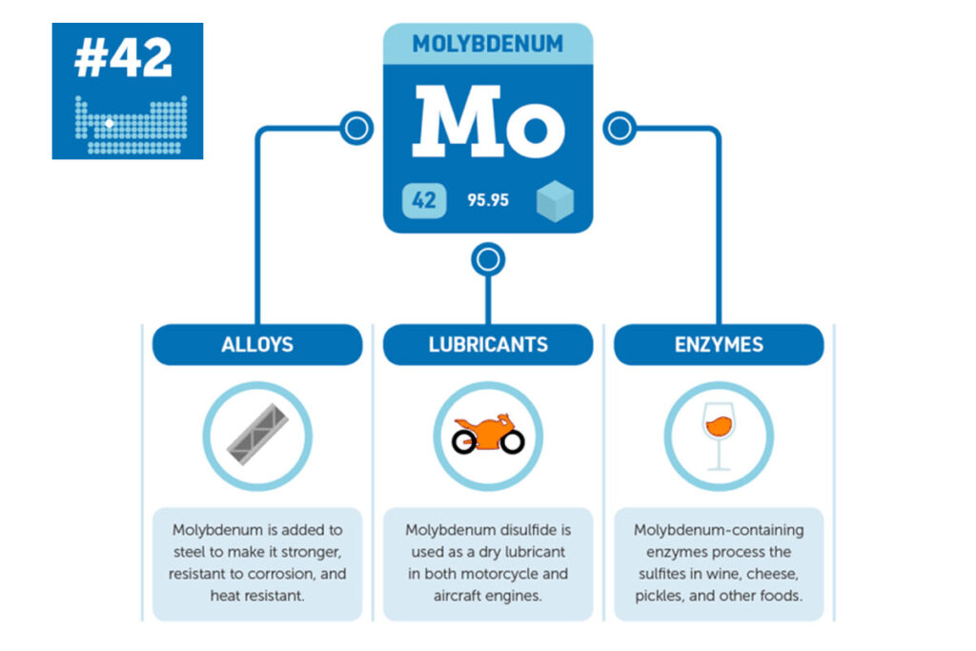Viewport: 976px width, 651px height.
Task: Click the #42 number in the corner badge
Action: (123, 57)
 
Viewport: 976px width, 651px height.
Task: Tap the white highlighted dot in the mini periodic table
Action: (110, 123)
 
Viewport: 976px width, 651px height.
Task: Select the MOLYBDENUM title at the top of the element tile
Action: (488, 44)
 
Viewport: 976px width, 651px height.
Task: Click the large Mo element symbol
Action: (489, 121)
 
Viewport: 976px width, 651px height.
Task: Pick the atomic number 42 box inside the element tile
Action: (424, 200)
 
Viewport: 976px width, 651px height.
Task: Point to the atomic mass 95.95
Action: (488, 200)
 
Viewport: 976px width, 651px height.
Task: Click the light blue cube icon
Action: (555, 201)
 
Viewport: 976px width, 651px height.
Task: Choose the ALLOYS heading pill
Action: (257, 344)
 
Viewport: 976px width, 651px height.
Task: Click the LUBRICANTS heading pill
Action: (488, 344)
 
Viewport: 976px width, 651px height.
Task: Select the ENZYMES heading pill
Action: (719, 344)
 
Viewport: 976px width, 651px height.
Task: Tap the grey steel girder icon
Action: (257, 435)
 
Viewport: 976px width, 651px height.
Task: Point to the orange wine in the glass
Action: (719, 426)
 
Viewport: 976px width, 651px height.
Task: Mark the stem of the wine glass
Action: (719, 454)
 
